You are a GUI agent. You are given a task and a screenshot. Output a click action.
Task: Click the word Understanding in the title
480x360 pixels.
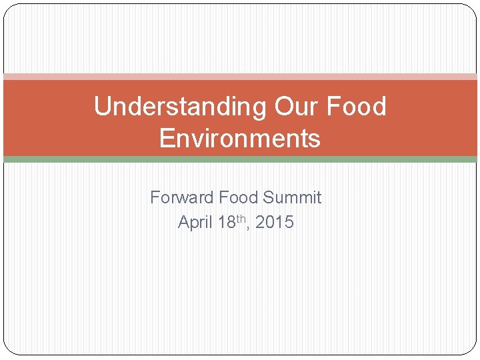coord(179,107)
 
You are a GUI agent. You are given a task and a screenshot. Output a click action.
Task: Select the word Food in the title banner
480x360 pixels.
coord(358,107)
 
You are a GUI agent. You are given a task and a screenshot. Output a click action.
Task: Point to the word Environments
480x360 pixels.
coord(240,139)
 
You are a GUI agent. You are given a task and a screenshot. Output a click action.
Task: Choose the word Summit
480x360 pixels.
coord(292,198)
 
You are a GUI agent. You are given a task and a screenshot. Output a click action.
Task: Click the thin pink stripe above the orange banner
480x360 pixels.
coord(240,77)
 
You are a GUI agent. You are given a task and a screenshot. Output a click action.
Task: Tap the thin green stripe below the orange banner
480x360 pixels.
coord(240,159)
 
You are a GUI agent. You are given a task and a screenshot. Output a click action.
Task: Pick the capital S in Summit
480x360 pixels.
coord(268,198)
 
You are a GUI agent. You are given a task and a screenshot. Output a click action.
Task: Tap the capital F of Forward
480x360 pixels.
coord(155,198)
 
